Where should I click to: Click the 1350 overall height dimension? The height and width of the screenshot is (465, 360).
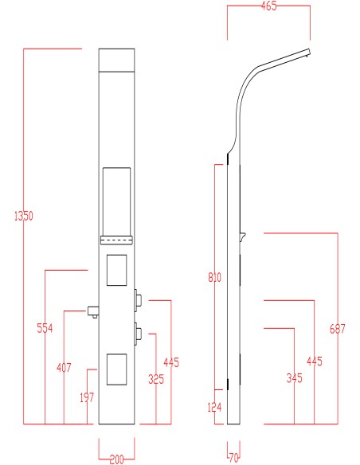click(24, 216)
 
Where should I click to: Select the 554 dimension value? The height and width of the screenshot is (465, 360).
click(45, 328)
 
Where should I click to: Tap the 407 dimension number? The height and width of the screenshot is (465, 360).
click(64, 368)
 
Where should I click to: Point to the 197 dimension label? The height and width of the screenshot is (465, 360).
click(87, 397)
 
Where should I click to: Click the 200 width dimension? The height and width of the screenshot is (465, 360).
click(116, 459)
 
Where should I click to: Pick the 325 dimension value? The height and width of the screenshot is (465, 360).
click(156, 379)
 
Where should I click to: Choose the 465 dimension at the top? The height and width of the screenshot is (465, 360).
click(268, 6)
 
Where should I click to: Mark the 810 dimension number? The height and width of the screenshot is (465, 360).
click(214, 278)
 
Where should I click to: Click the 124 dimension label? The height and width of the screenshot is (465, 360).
click(214, 408)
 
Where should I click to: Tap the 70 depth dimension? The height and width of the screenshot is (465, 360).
click(233, 458)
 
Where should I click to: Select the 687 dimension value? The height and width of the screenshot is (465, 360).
click(338, 329)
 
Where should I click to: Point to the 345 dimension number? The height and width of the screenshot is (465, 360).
click(294, 378)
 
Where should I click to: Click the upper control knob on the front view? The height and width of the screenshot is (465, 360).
click(138, 300)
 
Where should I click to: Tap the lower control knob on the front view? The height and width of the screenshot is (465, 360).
click(138, 334)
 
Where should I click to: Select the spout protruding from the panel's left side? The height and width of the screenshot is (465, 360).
click(93, 312)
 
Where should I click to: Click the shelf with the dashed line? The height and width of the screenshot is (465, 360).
click(116, 240)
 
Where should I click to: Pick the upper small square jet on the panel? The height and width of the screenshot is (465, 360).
click(116, 270)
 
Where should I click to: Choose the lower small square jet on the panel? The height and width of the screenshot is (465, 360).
click(116, 369)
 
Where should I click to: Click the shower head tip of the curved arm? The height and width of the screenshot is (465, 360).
click(307, 53)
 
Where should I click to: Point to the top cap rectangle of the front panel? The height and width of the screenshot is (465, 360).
click(116, 60)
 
